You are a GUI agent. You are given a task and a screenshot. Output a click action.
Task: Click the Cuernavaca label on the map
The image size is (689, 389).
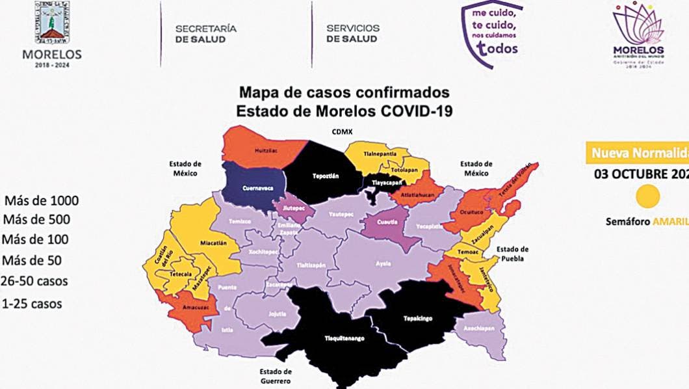256,187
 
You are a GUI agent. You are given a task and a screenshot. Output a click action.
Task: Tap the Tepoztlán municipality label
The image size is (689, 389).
324,175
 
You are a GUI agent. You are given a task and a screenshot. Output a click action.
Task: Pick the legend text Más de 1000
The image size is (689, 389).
41,200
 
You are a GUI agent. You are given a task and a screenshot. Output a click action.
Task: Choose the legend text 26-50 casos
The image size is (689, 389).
34,282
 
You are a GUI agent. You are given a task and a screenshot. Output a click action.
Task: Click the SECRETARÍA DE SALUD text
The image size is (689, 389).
205,34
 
